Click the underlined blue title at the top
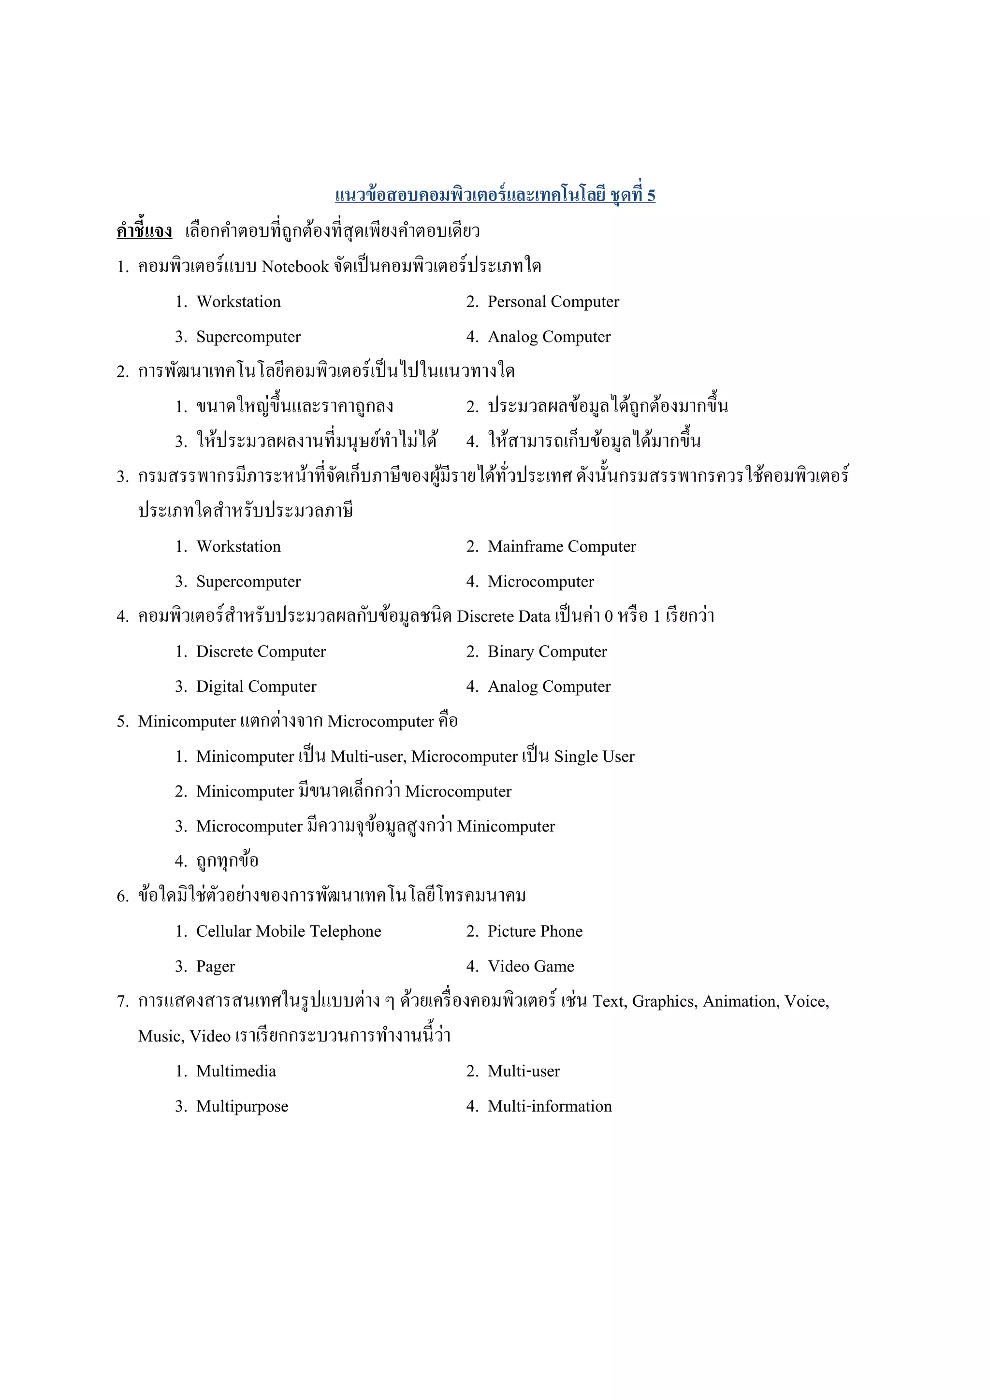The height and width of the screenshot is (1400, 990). click(x=495, y=195)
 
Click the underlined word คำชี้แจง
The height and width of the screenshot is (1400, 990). click(x=144, y=231)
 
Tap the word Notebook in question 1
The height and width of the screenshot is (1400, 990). click(x=295, y=267)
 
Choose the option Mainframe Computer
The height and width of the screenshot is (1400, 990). click(x=561, y=546)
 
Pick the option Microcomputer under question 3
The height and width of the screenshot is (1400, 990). click(x=540, y=582)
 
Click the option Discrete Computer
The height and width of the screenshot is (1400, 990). click(x=261, y=652)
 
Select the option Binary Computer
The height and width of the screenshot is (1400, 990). click(x=547, y=652)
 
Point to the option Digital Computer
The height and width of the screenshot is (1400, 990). click(x=256, y=686)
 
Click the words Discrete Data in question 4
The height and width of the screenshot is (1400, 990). click(x=503, y=616)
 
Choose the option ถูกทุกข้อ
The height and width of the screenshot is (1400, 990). click(x=227, y=861)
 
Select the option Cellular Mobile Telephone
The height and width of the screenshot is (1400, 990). click(x=289, y=931)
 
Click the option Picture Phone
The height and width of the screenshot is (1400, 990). click(x=535, y=931)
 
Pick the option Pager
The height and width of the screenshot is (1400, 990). click(x=215, y=967)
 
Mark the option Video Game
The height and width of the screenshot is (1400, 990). click(x=531, y=967)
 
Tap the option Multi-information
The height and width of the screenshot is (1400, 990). click(x=549, y=1106)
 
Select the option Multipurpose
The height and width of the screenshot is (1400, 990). click(x=242, y=1106)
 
